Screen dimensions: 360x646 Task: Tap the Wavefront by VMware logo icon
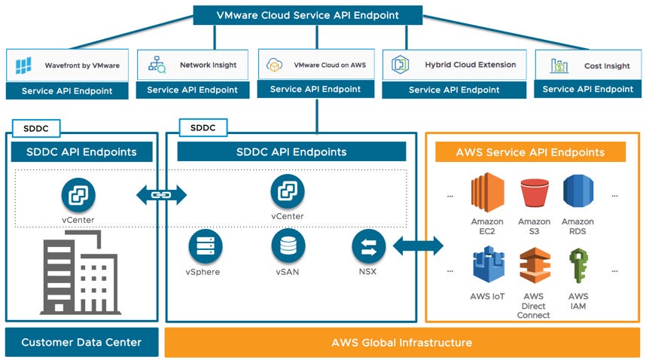pyautogui.click(x=23, y=66)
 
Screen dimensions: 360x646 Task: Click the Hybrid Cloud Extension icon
pyautogui.click(x=399, y=65)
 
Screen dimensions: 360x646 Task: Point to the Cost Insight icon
pyautogui.click(x=560, y=66)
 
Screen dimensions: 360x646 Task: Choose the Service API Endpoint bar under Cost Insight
pyautogui.click(x=588, y=90)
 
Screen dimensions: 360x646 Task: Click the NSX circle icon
pyautogui.click(x=368, y=246)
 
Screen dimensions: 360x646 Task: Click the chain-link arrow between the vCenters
pyautogui.click(x=161, y=195)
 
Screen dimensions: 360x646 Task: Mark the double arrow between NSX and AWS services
pyautogui.click(x=418, y=246)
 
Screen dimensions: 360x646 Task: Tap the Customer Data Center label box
pyautogui.click(x=81, y=343)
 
